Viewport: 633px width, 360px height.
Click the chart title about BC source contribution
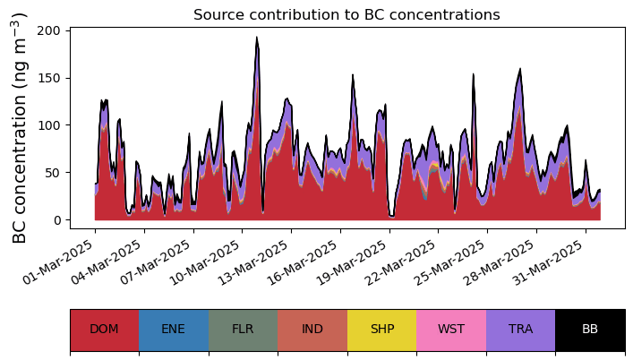click(x=346, y=14)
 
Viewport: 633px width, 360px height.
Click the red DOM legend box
click(x=104, y=330)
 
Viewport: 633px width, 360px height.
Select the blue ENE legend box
click(x=174, y=330)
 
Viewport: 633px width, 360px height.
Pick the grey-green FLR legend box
click(x=243, y=330)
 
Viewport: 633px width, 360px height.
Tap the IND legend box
click(x=312, y=330)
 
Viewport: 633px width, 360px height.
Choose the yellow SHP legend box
click(x=381, y=330)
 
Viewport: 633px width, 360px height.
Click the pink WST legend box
click(x=451, y=330)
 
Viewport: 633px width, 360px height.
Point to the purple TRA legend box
click(x=520, y=330)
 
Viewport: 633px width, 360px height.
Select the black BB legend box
click(x=590, y=330)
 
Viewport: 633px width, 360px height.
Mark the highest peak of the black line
click(x=257, y=38)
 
